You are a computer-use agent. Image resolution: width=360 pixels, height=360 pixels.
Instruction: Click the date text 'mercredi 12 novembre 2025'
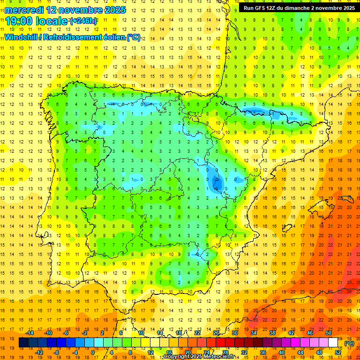(x=66, y=10)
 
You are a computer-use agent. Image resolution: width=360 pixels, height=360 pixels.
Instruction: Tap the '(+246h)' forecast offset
(x=83, y=21)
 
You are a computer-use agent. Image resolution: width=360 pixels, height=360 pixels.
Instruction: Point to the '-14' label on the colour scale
(x=30, y=333)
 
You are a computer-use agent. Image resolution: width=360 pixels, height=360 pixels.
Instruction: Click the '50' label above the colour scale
(x=329, y=333)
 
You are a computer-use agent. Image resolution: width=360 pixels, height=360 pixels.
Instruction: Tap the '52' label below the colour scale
(x=338, y=352)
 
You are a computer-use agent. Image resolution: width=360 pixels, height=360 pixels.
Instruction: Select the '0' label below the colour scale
(x=93, y=352)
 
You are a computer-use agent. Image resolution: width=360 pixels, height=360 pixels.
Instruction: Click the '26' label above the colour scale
(x=216, y=333)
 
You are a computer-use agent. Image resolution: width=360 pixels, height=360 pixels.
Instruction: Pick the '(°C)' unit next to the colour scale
(x=349, y=343)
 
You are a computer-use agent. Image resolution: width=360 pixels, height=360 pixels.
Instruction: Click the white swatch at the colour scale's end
(x=333, y=343)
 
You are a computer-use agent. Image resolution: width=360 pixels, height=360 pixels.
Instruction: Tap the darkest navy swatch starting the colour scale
(x=23, y=343)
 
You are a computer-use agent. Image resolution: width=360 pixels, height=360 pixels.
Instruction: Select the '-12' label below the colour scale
(x=39, y=352)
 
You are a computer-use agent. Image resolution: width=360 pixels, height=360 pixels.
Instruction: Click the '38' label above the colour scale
(x=272, y=333)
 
